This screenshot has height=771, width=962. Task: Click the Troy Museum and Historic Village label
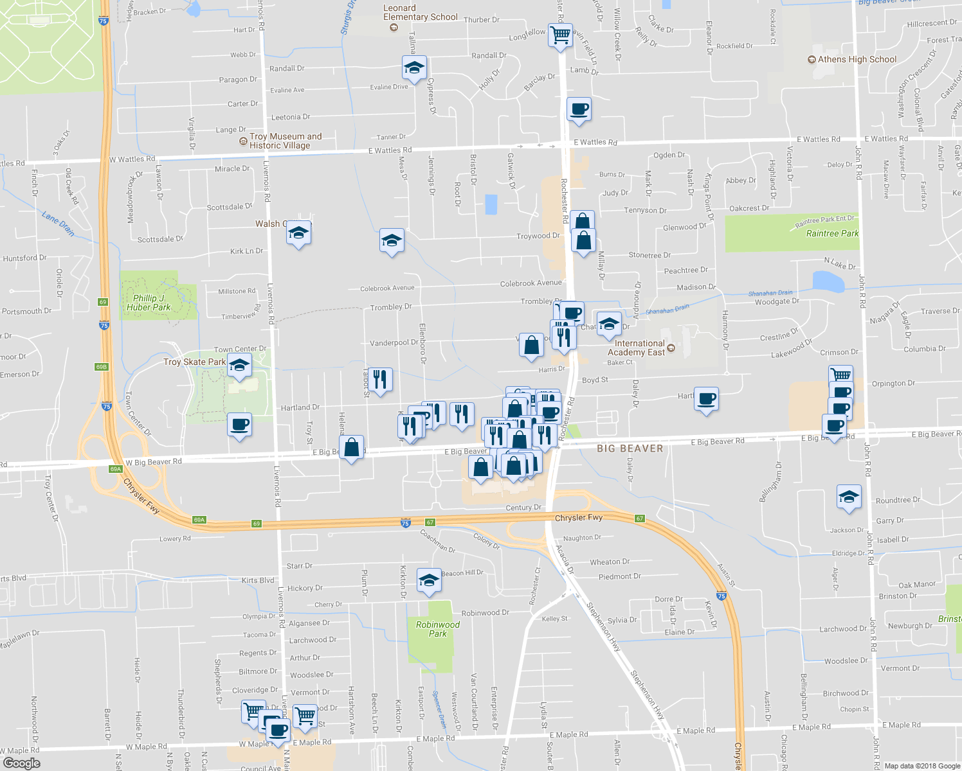point(286,141)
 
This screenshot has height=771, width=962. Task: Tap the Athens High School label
point(857,59)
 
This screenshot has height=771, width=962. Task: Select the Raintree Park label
point(832,233)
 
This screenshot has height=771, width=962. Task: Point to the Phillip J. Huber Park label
point(149,303)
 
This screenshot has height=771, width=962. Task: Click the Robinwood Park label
point(437,629)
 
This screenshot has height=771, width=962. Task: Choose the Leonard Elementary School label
point(420,13)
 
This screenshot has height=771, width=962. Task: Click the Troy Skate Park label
point(194,362)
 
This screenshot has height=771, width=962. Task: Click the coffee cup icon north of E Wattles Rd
point(579,109)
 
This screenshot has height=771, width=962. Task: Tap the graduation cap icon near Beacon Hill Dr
point(429,580)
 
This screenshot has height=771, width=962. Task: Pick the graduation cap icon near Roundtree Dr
point(849,497)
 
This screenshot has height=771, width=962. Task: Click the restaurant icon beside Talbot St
point(380,379)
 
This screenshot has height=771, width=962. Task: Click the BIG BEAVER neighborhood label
point(630,448)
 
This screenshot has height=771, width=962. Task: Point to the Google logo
point(21,763)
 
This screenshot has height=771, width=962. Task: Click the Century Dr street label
point(523,508)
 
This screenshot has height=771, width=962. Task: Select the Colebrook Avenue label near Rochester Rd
point(531,283)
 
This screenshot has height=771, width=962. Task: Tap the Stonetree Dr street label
point(649,255)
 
